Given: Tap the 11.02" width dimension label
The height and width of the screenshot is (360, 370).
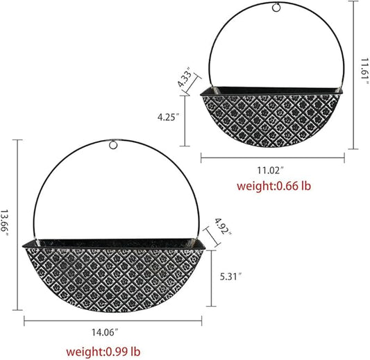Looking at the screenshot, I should pos(272,169).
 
